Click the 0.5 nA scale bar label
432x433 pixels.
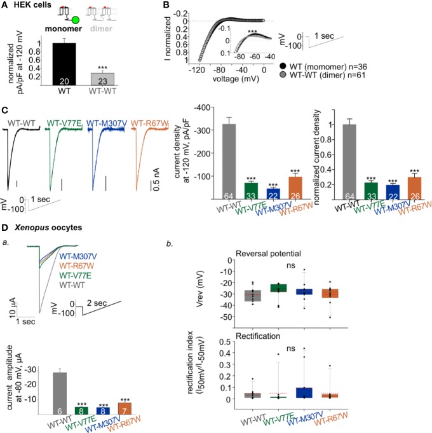(x=165, y=185)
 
